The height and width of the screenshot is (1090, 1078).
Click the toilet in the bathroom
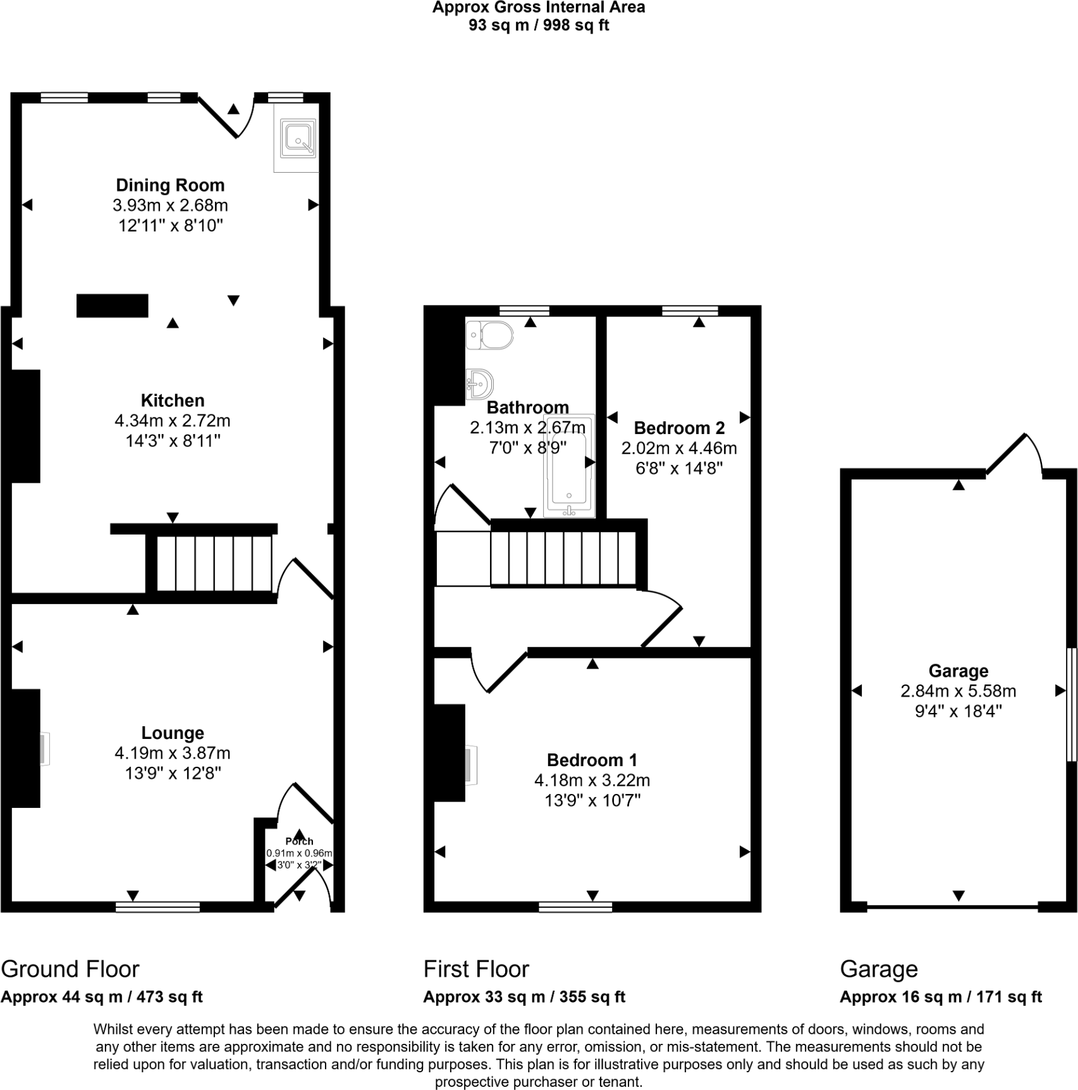491,335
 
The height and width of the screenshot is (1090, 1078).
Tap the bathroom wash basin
480,384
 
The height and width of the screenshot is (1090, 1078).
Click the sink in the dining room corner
298,139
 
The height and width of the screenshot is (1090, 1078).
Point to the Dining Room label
170,185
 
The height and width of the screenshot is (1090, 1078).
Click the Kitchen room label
173,400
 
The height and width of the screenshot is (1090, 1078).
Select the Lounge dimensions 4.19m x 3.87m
172,753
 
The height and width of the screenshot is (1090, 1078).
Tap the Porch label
299,841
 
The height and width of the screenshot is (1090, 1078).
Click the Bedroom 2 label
679,428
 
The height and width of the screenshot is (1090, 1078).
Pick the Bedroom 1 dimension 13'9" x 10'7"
592,801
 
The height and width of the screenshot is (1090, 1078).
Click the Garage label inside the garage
958,671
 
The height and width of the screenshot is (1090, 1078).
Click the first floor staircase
563,558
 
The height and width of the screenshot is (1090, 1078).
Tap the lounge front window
157,907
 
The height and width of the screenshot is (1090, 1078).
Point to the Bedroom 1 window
575,907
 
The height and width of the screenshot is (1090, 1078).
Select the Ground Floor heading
70,969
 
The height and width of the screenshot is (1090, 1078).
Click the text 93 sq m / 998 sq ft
539,25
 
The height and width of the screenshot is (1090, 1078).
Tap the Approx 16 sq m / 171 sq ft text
940,997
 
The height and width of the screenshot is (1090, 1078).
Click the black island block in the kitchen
113,306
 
